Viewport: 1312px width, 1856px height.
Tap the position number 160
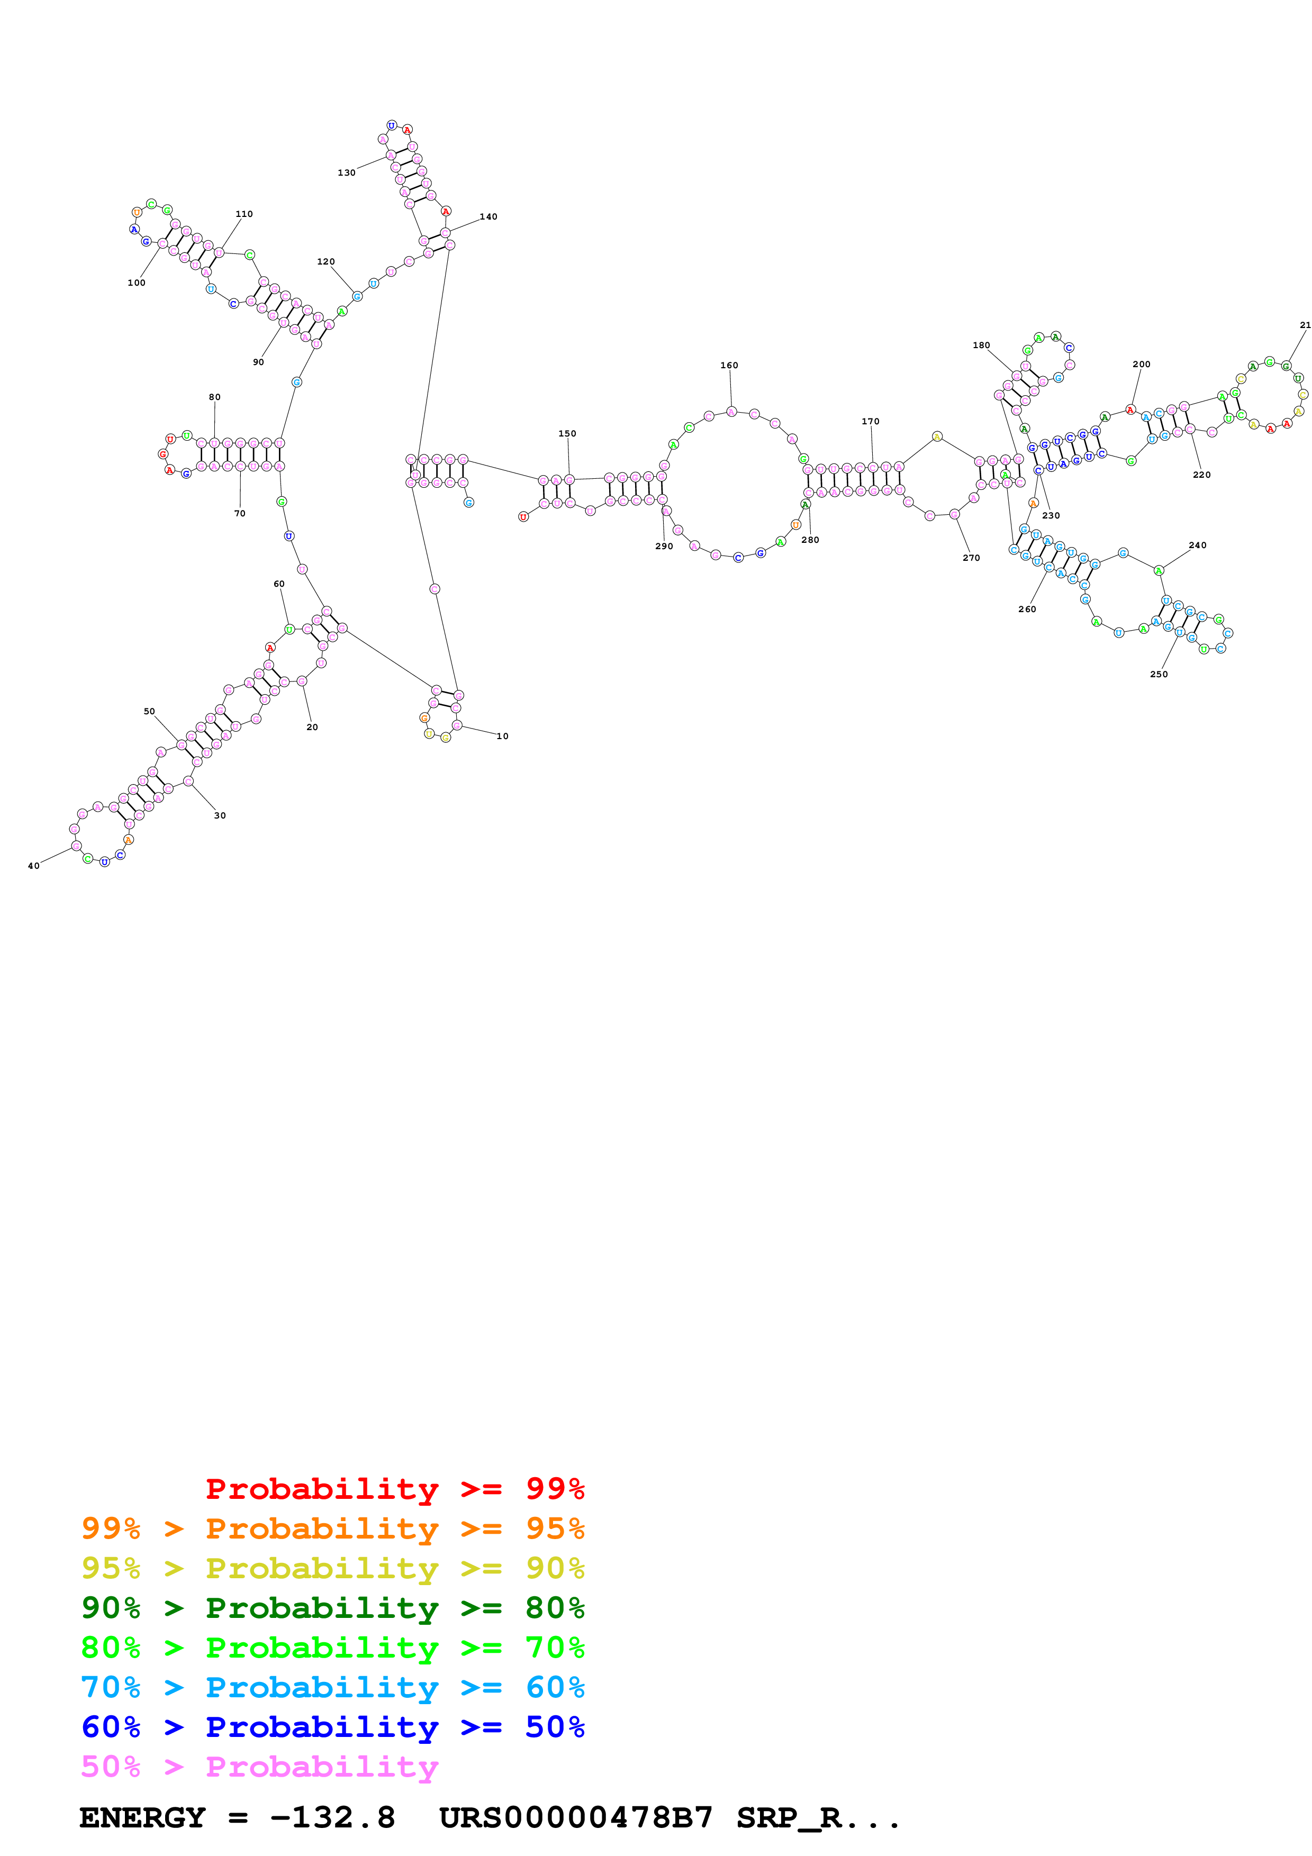729,366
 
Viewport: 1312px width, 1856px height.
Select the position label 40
34,866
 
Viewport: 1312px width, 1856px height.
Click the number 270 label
971,558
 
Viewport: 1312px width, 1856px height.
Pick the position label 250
1159,674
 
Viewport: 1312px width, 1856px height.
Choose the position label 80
214,397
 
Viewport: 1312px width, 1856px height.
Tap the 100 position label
137,283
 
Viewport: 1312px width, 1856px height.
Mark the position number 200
1141,365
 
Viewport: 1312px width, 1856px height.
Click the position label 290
664,547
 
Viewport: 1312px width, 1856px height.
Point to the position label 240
1197,545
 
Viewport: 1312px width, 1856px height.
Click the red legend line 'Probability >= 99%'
394,1488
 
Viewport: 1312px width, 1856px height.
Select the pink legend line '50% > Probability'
259,1766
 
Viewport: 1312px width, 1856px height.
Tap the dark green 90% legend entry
332,1608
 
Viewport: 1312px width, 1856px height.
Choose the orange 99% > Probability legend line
332,1529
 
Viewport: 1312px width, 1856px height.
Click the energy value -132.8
332,1818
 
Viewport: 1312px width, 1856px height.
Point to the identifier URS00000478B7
576,1818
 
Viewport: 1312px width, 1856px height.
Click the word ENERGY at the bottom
142,1818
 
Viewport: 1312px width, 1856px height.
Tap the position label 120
326,262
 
